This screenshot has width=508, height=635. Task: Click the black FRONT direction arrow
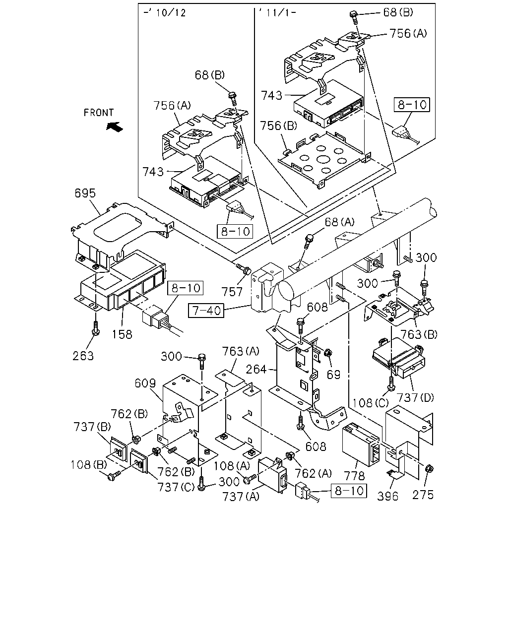[x=115, y=127]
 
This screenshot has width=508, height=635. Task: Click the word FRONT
[x=99, y=113]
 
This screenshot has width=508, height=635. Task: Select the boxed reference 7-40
[x=206, y=311]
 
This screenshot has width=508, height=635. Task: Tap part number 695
[x=85, y=193]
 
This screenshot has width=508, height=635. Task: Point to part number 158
[x=122, y=334]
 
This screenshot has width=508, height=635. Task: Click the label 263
[x=83, y=356]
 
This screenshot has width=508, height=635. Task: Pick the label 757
[x=232, y=292]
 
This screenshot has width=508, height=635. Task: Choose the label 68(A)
[x=339, y=222]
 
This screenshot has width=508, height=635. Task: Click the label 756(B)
[x=278, y=126]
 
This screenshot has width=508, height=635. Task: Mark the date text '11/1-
[x=277, y=13]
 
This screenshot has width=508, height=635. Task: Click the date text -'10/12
[x=165, y=13]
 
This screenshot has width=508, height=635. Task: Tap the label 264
[x=256, y=369]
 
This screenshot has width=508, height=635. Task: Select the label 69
[x=333, y=375]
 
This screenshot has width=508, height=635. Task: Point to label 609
[x=145, y=383]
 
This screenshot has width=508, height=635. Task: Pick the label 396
[x=387, y=496]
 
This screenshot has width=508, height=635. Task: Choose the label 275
[x=423, y=495]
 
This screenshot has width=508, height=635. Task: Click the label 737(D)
[x=415, y=398]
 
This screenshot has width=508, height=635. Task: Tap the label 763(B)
[x=419, y=334]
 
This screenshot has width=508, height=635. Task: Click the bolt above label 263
[x=96, y=328]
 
